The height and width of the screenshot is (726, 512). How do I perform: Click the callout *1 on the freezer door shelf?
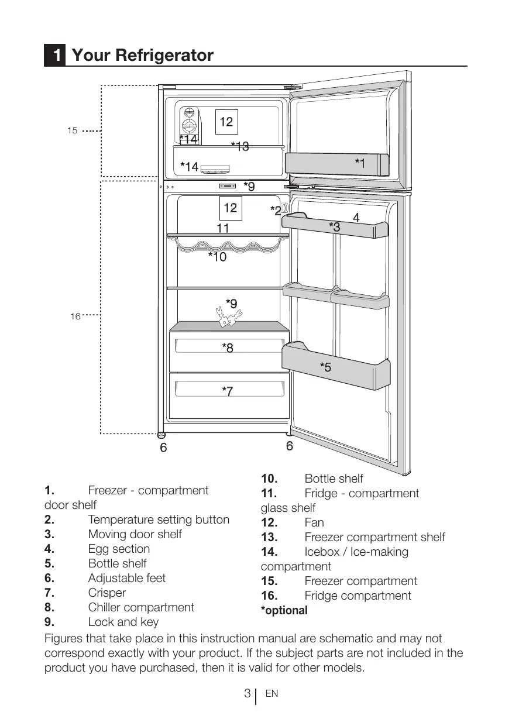click(x=360, y=164)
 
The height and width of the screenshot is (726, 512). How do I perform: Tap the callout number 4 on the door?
click(x=356, y=218)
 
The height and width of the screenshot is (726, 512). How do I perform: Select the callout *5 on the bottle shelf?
click(x=325, y=367)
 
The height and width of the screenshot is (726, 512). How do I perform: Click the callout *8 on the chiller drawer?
click(x=228, y=348)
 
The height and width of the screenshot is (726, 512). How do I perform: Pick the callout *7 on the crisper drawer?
click(x=228, y=391)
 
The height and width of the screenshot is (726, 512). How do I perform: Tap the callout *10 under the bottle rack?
click(x=217, y=257)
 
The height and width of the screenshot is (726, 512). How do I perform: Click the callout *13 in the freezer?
click(x=239, y=146)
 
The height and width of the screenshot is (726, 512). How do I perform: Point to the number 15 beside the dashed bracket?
click(x=72, y=131)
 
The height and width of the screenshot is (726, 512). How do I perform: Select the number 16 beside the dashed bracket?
click(x=75, y=316)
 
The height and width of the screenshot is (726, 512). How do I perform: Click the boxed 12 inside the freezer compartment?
click(x=226, y=122)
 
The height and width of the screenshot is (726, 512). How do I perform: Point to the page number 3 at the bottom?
click(x=248, y=694)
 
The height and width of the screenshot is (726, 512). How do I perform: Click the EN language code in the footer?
click(x=272, y=694)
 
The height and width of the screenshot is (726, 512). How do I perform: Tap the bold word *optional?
click(x=284, y=611)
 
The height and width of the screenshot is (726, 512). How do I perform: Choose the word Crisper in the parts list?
click(x=107, y=593)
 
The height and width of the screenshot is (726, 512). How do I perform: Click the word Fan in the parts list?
click(x=314, y=522)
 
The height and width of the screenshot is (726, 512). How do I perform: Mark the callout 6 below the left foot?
click(x=163, y=448)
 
